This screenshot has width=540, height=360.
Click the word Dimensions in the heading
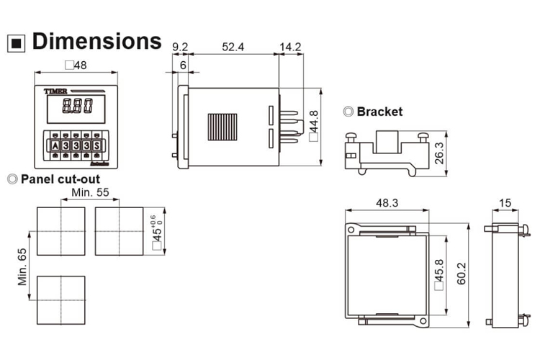(96, 40)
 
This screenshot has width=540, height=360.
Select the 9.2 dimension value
(179, 47)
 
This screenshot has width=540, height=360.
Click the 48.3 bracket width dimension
(387, 203)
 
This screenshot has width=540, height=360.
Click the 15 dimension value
(505, 203)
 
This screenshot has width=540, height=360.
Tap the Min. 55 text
(91, 193)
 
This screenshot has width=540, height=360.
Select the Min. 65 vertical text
(22, 266)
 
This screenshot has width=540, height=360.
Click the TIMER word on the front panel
(55, 92)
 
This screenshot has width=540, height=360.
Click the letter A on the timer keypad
(55, 145)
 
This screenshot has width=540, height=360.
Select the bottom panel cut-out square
(60, 299)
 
